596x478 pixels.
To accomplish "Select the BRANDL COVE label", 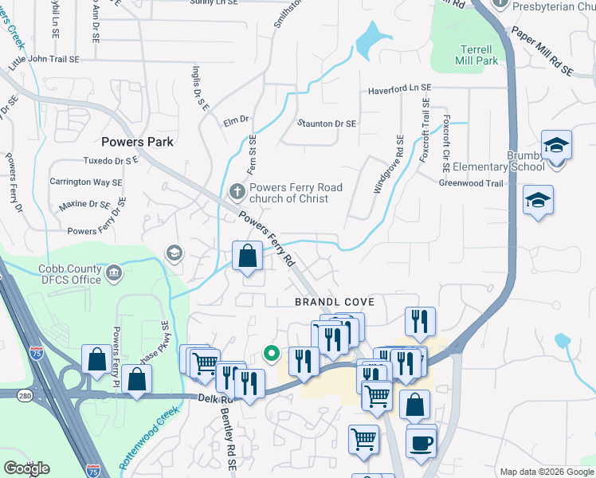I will pyautogui.click(x=334, y=303).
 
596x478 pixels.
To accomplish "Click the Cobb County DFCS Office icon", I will pyautogui.click(x=114, y=274).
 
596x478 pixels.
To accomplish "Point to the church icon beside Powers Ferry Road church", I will pyautogui.click(x=236, y=192).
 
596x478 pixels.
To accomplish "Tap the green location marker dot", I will pyautogui.click(x=271, y=352).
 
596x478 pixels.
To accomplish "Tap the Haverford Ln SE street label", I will pyautogui.click(x=399, y=90).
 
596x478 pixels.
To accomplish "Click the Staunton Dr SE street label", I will pyautogui.click(x=327, y=124).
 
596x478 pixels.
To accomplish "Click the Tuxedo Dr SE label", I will pyautogui.click(x=111, y=160).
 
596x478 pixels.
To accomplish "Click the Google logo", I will pyautogui.click(x=26, y=468).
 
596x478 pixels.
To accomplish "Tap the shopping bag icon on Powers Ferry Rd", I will pyautogui.click(x=248, y=257).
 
